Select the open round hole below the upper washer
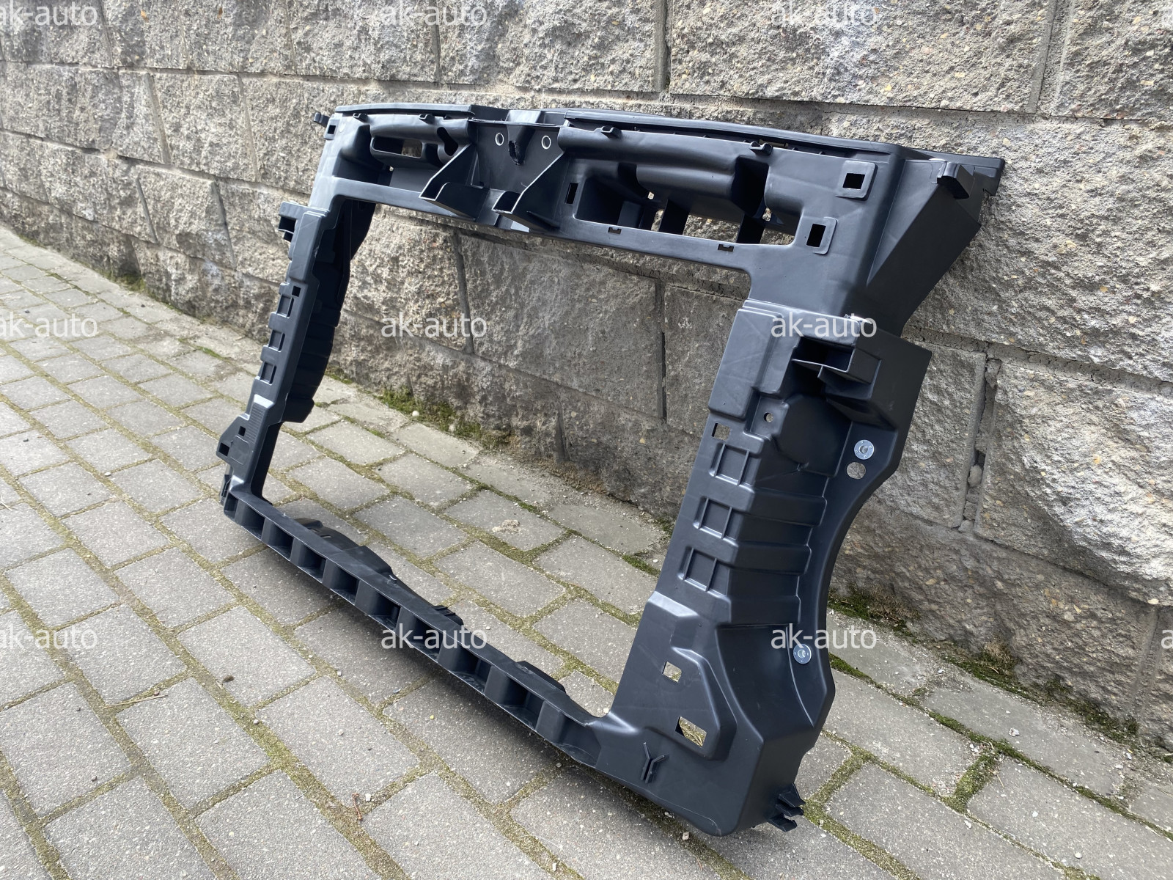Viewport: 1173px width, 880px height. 856,469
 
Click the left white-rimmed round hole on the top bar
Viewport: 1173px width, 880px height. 500,139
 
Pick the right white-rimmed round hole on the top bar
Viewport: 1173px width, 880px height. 545,142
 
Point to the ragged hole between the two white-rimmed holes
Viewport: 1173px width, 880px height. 516,152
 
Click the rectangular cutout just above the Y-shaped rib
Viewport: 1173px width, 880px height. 689,727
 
